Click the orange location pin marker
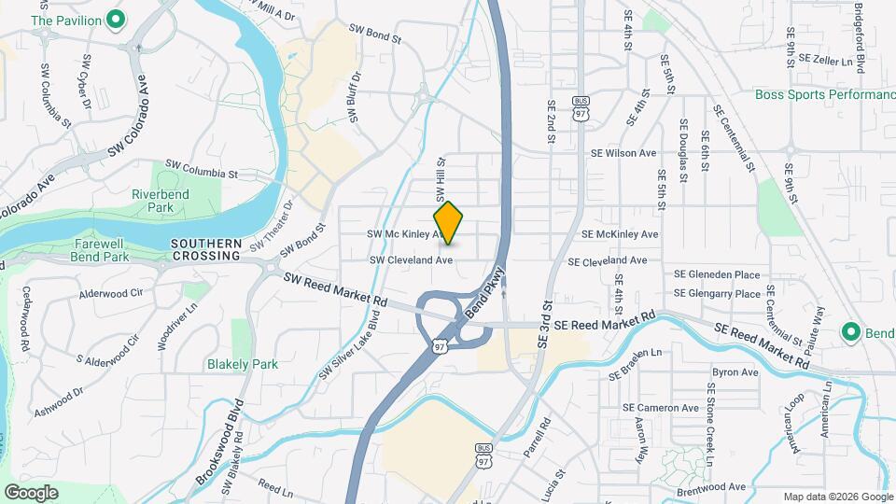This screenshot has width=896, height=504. [449, 223]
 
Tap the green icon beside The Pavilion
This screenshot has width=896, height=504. [116, 19]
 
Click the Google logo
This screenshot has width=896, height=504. [31, 493]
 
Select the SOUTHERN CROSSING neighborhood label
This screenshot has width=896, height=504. [206, 248]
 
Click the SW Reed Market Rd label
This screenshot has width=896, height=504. [335, 290]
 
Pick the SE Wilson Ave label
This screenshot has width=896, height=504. [623, 153]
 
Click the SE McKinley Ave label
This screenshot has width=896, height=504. [620, 234]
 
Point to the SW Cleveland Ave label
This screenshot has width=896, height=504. [412, 260]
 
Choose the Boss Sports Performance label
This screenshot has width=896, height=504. [825, 95]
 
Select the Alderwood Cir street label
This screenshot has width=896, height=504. [111, 293]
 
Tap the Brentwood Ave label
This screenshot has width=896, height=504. [711, 486]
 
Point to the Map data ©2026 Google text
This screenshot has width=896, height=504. [836, 497]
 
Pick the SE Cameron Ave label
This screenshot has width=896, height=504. [661, 408]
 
